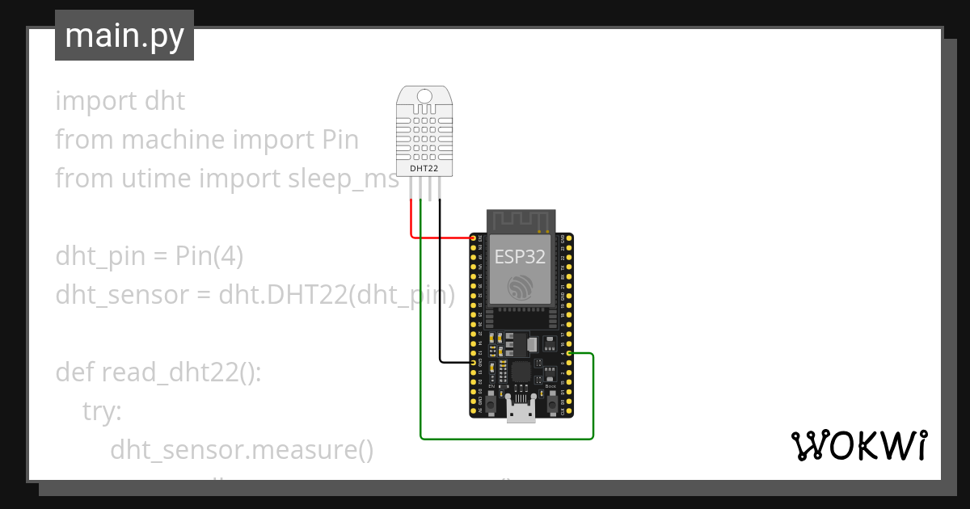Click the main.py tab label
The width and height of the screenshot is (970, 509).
124,36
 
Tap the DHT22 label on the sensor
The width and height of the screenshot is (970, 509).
424,168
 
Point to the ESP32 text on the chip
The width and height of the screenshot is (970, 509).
520,258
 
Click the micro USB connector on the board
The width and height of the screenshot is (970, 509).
521,410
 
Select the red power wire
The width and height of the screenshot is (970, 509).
441,238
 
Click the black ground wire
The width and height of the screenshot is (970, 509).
441,283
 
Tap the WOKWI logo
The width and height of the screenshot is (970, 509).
858,445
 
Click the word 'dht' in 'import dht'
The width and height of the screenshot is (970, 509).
165,101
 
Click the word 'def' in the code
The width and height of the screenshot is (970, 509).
75,372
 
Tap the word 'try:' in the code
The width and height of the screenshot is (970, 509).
102,411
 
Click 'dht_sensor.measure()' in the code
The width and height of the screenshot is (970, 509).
242,449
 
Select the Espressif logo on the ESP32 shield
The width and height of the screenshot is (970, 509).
520,287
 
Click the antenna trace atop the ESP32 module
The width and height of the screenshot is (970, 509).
520,219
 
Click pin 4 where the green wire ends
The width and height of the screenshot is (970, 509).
571,354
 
